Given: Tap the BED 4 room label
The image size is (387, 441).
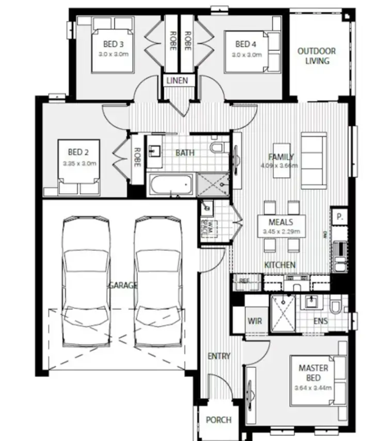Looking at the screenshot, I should pyautogui.click(x=246, y=44).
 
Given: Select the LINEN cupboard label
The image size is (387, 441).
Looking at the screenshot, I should pyautogui.click(x=176, y=81).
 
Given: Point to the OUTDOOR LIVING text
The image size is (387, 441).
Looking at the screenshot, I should pyautogui.click(x=316, y=56).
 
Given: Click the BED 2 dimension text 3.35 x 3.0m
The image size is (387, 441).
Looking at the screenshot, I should pyautogui.click(x=79, y=163).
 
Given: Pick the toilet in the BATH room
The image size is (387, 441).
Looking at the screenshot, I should pyautogui.click(x=218, y=148).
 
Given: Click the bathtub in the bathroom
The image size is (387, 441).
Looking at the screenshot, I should pyautogui.click(x=170, y=184).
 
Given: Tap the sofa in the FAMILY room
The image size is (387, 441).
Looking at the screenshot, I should pyautogui.click(x=314, y=160).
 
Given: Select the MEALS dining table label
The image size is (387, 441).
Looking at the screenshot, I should pyautogui.click(x=281, y=223).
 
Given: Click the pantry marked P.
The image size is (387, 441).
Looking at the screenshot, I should pyautogui.click(x=340, y=217).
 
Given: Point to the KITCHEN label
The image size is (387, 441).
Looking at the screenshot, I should pyautogui.click(x=280, y=265).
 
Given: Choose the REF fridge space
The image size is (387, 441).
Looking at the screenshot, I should pyautogui.click(x=243, y=281).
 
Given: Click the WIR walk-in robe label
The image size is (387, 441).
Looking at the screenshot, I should pyautogui.click(x=254, y=321).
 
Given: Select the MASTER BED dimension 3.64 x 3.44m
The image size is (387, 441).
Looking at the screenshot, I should pyautogui.click(x=313, y=388).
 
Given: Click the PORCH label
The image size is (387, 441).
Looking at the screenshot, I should pyautogui.click(x=218, y=420).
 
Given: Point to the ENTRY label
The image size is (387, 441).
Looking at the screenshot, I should pyautogui.click(x=219, y=356).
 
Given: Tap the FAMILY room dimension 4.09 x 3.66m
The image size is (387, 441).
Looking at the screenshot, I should pyautogui.click(x=280, y=165).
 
